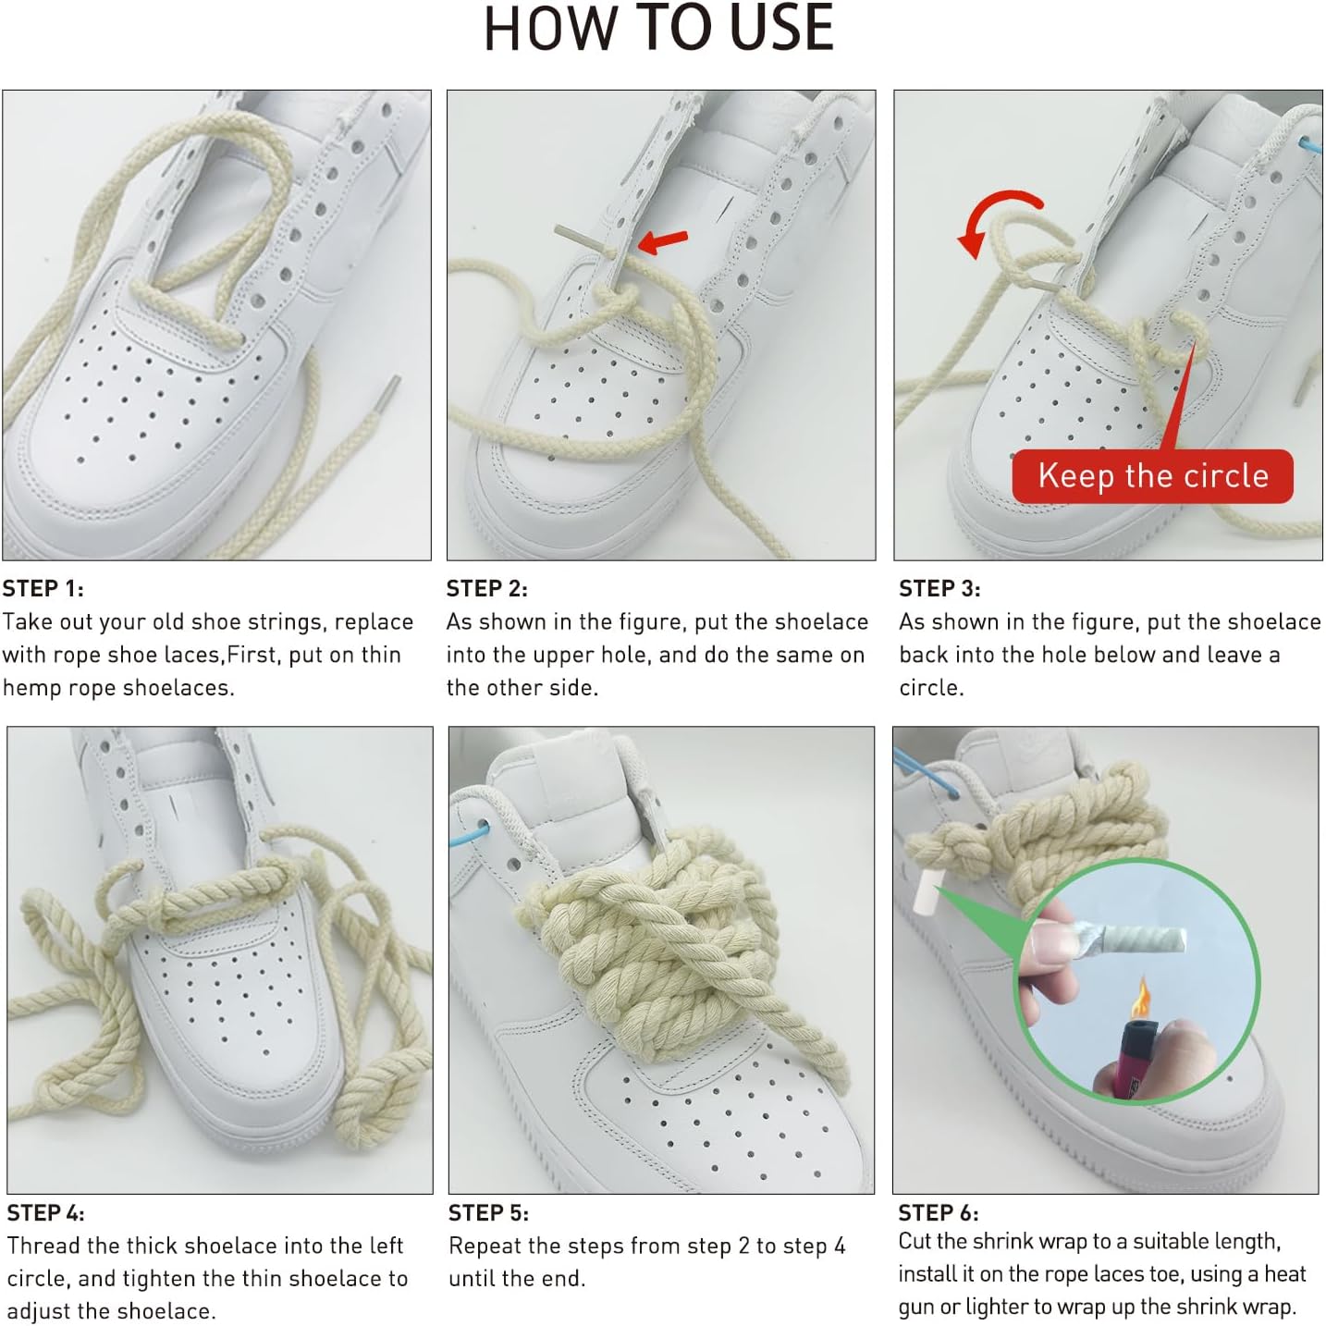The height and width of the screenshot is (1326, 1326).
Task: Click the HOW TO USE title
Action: click(659, 29)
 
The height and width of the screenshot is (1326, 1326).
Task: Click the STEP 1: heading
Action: click(43, 589)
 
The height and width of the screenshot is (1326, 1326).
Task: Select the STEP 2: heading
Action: click(487, 589)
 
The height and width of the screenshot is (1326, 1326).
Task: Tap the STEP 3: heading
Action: click(939, 589)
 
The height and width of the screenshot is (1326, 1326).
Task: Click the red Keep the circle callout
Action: click(1152, 476)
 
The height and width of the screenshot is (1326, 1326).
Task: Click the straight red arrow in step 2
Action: click(662, 240)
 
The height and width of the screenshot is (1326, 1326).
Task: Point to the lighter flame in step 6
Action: click(1142, 997)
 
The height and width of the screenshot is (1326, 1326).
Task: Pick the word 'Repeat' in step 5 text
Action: click(485, 1246)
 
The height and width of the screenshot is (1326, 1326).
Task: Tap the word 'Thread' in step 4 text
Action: click(43, 1246)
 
